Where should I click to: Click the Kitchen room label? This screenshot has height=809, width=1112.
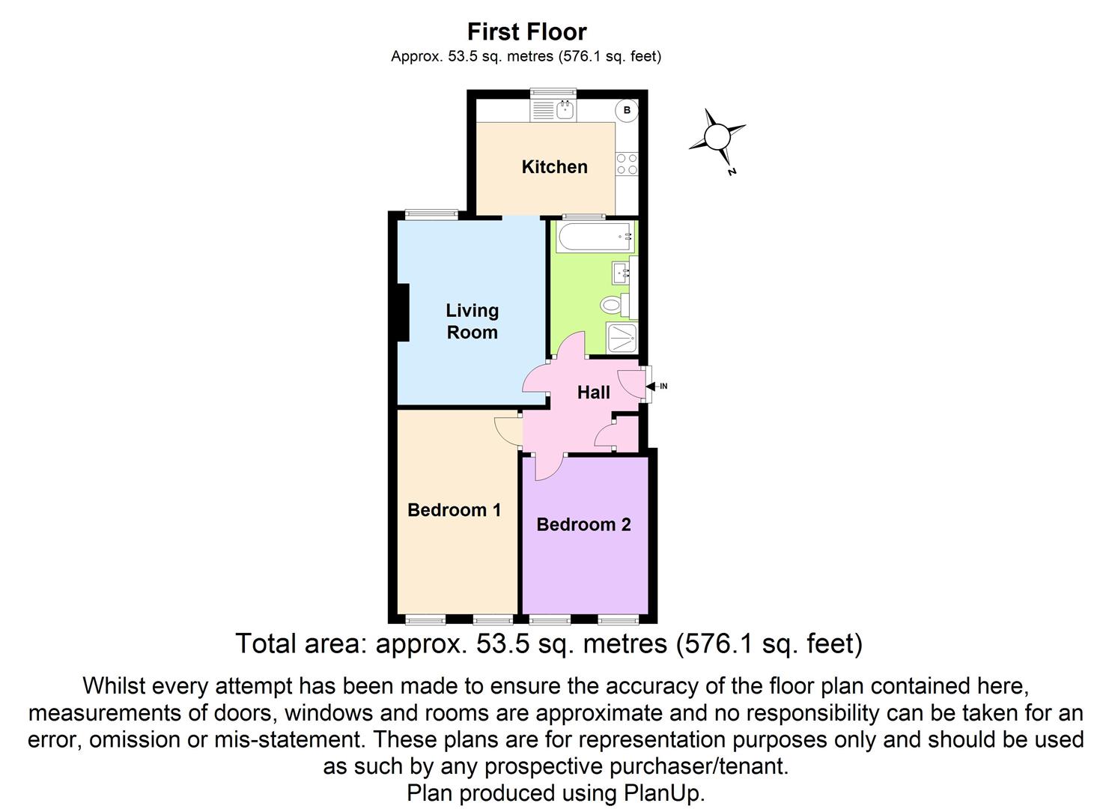[554, 167]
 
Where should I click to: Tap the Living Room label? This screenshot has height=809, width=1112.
[472, 321]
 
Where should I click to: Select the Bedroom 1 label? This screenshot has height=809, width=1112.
[454, 510]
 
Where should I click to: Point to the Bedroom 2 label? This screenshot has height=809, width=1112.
[583, 524]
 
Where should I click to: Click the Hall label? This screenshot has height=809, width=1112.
[593, 392]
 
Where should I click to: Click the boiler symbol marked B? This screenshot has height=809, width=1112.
[627, 110]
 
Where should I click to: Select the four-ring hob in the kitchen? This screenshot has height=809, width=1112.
[627, 164]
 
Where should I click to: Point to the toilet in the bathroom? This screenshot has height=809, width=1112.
[615, 305]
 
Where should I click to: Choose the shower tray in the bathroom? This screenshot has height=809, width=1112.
[622, 338]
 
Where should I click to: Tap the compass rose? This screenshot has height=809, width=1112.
[717, 138]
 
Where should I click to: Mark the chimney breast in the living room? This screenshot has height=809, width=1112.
[403, 313]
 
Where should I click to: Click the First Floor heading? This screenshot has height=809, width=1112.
[526, 31]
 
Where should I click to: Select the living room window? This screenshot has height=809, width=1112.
[431, 215]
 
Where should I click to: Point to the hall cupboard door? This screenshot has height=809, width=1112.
[604, 435]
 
